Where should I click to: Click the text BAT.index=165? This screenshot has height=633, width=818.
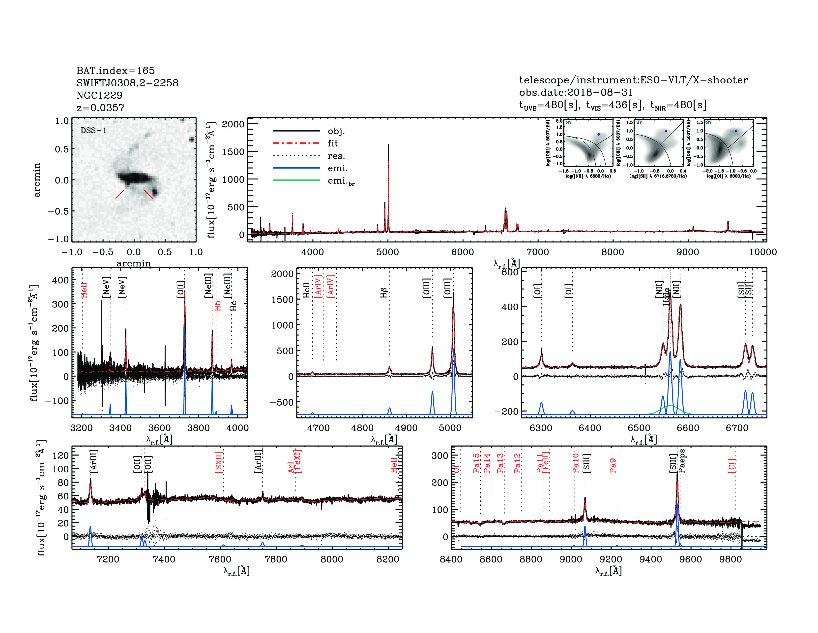point(115,70)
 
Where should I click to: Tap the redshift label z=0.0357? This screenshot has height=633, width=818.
point(100,108)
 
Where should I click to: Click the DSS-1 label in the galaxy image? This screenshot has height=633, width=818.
point(94,131)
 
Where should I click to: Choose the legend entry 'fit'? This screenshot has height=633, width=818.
point(333,143)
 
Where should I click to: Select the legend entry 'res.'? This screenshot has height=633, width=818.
point(336,156)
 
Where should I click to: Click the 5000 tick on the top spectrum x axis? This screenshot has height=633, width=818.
point(388,252)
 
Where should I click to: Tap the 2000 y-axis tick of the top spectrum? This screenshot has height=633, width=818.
point(233,124)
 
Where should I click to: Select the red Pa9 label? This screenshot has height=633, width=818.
point(613,465)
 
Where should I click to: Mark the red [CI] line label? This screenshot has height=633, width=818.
point(732,465)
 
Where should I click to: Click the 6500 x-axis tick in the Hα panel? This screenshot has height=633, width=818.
point(639,428)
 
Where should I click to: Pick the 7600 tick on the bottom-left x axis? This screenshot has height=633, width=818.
point(220,559)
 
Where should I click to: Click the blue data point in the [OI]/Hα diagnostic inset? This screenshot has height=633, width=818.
point(736,131)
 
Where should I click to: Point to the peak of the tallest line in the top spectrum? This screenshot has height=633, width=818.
point(388,145)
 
